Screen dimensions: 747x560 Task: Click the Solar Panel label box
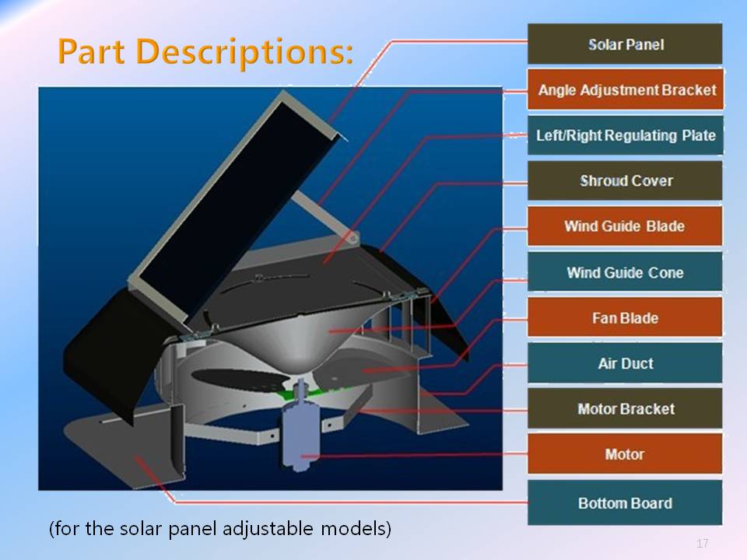click(625, 44)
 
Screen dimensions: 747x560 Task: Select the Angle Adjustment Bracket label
click(626, 89)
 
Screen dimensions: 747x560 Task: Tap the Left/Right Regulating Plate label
click(626, 135)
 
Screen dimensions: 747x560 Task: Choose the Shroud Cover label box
click(625, 180)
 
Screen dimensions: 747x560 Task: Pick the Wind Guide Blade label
click(625, 226)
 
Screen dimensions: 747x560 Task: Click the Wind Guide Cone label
click(625, 272)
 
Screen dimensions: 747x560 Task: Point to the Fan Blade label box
click(625, 317)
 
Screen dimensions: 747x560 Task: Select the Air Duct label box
click(625, 363)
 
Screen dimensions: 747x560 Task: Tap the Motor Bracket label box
click(625, 408)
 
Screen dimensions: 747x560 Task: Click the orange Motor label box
click(625, 453)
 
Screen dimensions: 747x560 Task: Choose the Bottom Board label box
click(625, 503)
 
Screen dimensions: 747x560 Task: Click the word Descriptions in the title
click(245, 52)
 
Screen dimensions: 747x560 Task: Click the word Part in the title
click(91, 51)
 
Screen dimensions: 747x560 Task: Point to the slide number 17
click(702, 543)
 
